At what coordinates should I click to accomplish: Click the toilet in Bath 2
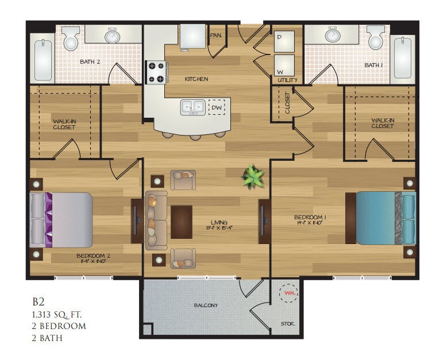pyautogui.click(x=71, y=40)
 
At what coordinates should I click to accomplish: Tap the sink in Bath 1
pyautogui.click(x=332, y=36)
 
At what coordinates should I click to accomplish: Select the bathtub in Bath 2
pyautogui.click(x=42, y=58)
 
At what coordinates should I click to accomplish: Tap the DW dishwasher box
pyautogui.click(x=217, y=107)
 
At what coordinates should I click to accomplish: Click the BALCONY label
pyautogui.click(x=205, y=305)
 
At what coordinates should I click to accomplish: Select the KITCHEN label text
pyautogui.click(x=196, y=79)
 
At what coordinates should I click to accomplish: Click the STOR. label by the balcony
pyautogui.click(x=288, y=324)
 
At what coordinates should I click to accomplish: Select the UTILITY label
pyautogui.click(x=287, y=80)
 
